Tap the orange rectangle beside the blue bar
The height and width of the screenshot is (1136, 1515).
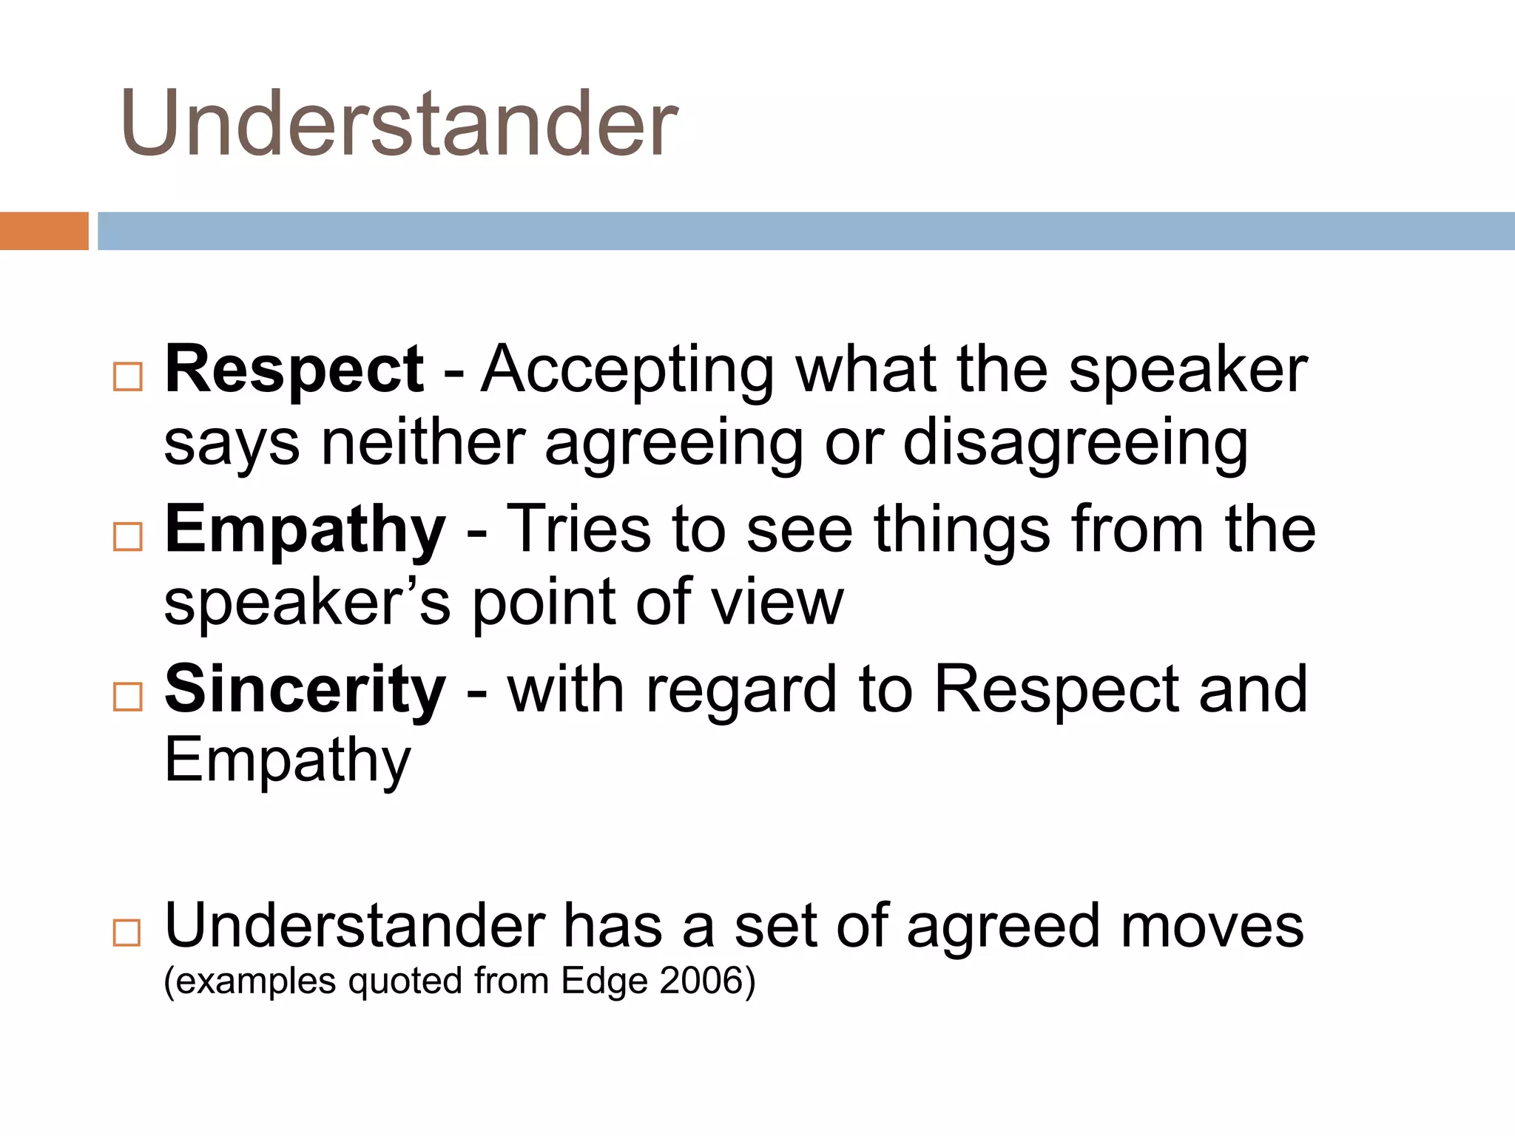coord(44,231)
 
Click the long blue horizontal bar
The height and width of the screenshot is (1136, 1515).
coord(805,231)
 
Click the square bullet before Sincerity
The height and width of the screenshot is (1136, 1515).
coord(128,697)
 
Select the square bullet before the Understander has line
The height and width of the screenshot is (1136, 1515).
coord(128,933)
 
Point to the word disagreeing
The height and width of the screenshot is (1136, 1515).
coord(1075,444)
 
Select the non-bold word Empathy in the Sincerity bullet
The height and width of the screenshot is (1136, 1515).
coord(287,760)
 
